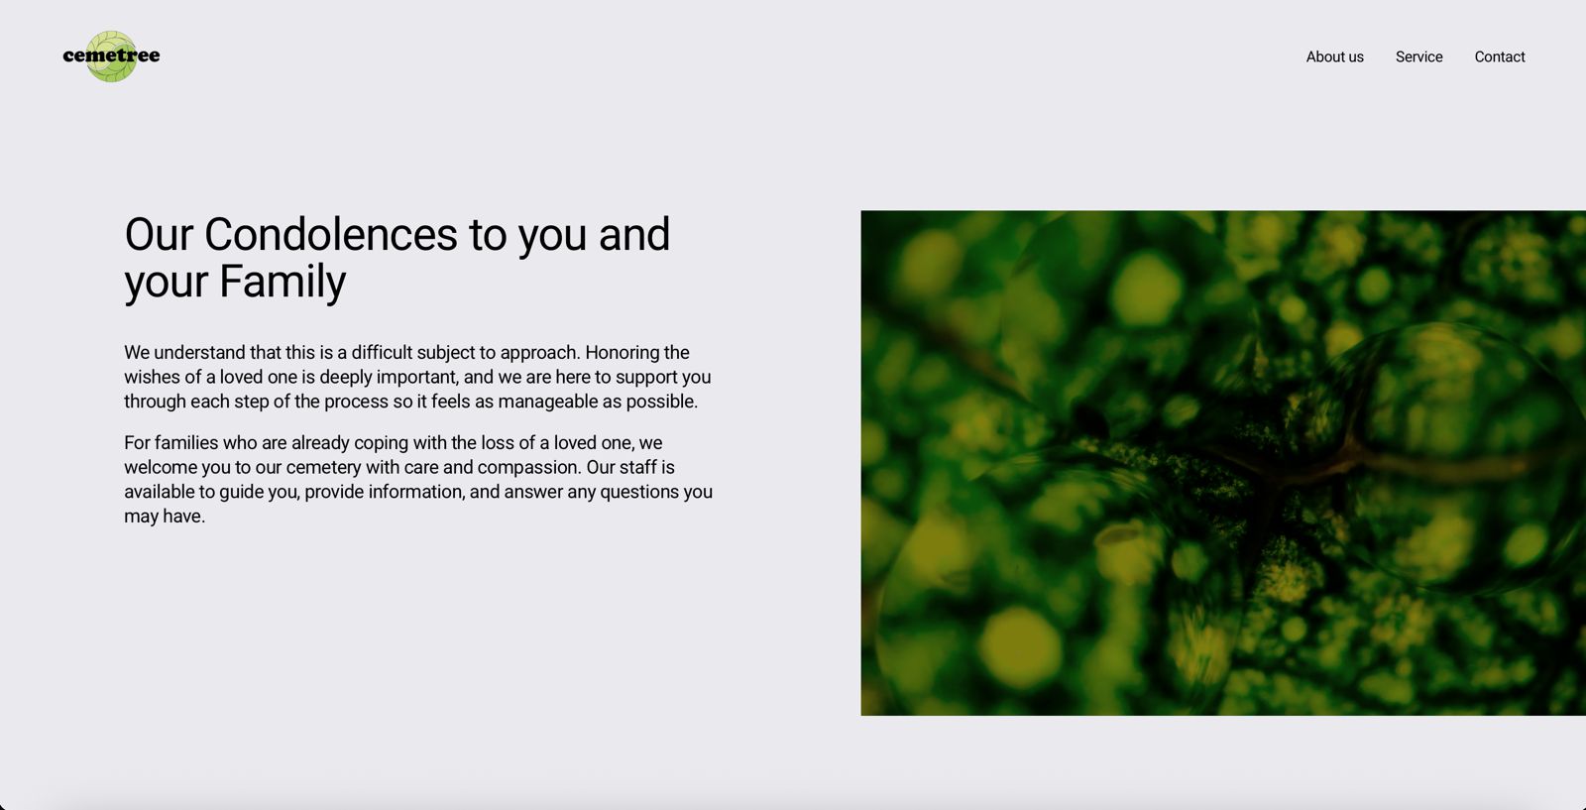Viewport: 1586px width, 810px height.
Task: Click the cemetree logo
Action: pyautogui.click(x=111, y=56)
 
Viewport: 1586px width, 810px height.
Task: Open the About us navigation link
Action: pyautogui.click(x=1334, y=57)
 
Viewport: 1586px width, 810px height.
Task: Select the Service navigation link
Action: pyautogui.click(x=1418, y=57)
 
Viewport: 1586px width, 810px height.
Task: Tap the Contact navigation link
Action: pyautogui.click(x=1500, y=57)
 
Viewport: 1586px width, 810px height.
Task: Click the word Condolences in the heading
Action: pyautogui.click(x=331, y=234)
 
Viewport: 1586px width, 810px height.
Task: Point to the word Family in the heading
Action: pyautogui.click(x=283, y=282)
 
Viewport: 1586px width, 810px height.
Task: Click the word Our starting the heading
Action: pyautogui.click(x=159, y=234)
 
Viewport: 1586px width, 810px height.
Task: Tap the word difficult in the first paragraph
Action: pyautogui.click(x=382, y=352)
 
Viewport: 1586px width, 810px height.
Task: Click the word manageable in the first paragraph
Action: pyautogui.click(x=548, y=402)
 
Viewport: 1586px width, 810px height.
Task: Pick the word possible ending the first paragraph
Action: pyautogui.click(x=662, y=402)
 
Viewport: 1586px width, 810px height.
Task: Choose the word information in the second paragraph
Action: pyautogui.click(x=416, y=492)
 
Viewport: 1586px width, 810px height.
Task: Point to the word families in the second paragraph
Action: pyautogui.click(x=186, y=442)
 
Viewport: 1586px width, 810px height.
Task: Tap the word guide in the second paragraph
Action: pyautogui.click(x=241, y=492)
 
